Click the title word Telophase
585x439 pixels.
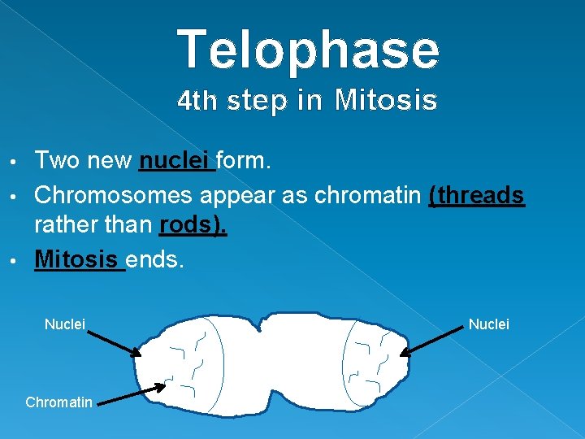click(x=308, y=49)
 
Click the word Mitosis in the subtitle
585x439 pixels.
click(x=386, y=101)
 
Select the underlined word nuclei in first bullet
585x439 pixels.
click(x=176, y=161)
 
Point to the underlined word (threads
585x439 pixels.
click(x=476, y=194)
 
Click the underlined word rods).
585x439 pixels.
click(x=193, y=225)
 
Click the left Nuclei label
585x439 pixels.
click(x=65, y=324)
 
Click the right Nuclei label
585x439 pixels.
click(x=489, y=324)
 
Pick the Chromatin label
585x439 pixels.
click(x=59, y=402)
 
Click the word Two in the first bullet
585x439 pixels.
click(x=57, y=161)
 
